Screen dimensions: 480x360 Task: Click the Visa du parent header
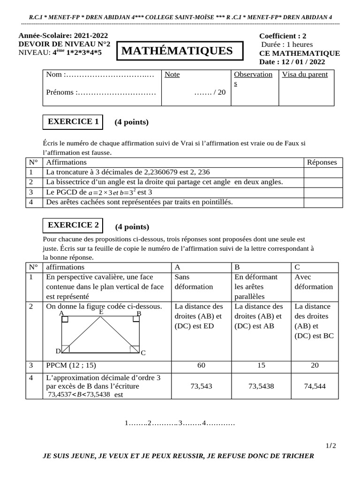click(x=305, y=75)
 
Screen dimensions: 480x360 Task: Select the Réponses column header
click(x=322, y=162)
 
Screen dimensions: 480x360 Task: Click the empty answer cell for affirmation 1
click(x=323, y=172)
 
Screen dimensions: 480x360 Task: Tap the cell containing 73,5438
click(x=261, y=386)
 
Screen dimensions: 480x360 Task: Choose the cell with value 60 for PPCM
click(x=201, y=365)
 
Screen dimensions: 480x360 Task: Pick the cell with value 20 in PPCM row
click(x=315, y=365)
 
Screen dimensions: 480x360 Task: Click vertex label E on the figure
click(x=101, y=312)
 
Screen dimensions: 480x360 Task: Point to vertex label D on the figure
click(x=58, y=351)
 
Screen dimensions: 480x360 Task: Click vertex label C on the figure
click(x=143, y=352)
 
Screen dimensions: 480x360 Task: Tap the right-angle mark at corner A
click(x=65, y=320)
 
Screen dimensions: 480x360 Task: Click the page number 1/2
click(x=330, y=445)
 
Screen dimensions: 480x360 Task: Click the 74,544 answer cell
click(x=315, y=386)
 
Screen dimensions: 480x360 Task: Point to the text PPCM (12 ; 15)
click(x=71, y=365)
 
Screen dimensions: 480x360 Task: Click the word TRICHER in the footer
click(x=296, y=456)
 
